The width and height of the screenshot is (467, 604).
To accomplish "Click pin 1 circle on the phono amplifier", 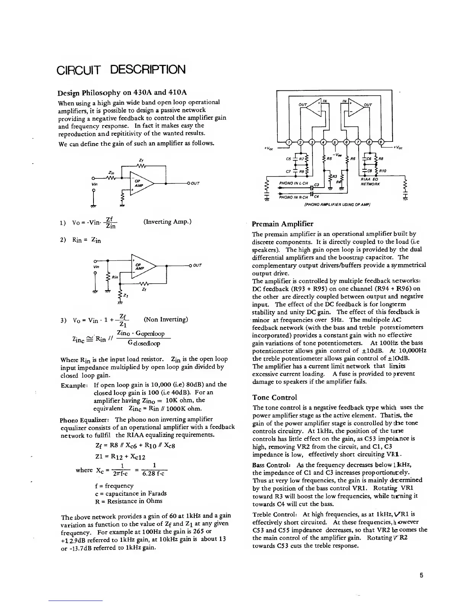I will click(x=289, y=143).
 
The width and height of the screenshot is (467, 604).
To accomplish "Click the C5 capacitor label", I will click(x=289, y=158).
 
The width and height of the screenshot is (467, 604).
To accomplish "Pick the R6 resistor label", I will click(x=353, y=158).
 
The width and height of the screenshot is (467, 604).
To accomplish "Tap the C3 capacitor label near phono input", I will click(x=316, y=185).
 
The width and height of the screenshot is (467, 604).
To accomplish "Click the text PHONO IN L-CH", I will click(x=293, y=183).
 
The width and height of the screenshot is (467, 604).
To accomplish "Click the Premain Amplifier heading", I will click(x=283, y=224).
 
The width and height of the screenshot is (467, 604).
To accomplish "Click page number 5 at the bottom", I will click(x=422, y=576).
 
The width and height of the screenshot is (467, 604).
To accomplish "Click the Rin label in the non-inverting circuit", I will click(x=114, y=276).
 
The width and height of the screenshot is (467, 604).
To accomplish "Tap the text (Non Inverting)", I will click(x=166, y=319).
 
